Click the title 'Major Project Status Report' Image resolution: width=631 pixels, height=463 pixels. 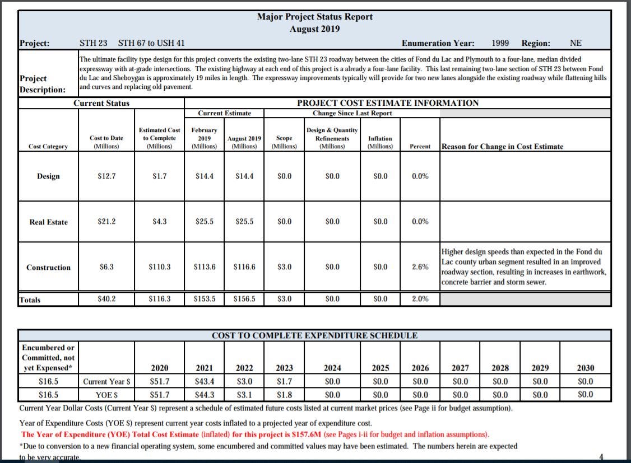click(x=314, y=17)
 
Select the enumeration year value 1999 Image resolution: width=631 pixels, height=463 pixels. click(x=500, y=43)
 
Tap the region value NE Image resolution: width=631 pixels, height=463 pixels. click(x=576, y=43)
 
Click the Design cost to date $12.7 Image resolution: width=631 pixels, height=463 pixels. click(x=106, y=176)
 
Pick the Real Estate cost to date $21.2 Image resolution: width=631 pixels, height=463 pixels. click(x=106, y=222)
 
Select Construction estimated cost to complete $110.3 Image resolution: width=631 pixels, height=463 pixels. click(x=160, y=267)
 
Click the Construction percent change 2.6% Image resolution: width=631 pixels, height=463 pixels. click(x=420, y=267)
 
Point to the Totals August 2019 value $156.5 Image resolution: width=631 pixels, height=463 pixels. click(x=244, y=299)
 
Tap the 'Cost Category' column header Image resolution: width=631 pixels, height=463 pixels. click(x=48, y=147)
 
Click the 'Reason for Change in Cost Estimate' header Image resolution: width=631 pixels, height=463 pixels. click(x=503, y=147)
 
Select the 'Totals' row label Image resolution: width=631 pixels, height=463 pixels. click(x=30, y=300)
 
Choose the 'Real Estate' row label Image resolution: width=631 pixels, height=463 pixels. click(x=48, y=222)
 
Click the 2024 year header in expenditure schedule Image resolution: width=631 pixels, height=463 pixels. click(x=332, y=368)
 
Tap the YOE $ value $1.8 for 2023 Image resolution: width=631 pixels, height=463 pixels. click(x=284, y=394)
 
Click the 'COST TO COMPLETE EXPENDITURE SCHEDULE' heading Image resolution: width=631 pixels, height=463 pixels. click(x=314, y=336)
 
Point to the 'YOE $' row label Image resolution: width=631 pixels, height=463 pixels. click(x=106, y=394)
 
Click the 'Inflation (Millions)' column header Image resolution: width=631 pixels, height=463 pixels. click(x=380, y=142)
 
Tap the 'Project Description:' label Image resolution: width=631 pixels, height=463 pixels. click(x=42, y=84)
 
